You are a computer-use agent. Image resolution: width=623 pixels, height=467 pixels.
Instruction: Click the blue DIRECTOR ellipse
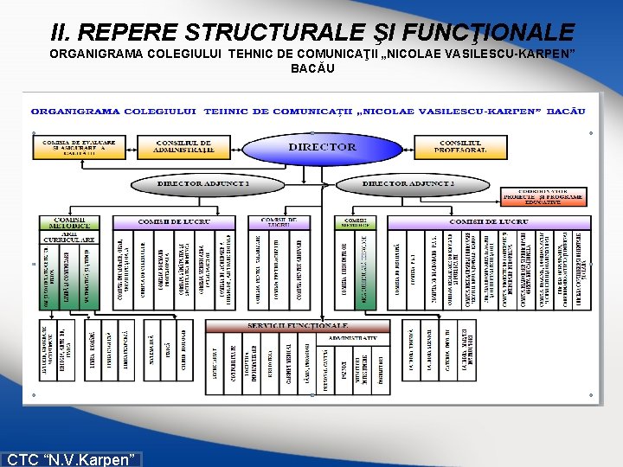tap(322, 148)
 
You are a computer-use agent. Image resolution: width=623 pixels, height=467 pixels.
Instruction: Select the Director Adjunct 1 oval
tap(203, 184)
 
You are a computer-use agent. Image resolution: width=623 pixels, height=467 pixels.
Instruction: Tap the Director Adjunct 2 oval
tap(408, 184)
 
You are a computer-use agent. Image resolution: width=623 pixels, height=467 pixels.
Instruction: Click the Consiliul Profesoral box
tap(462, 148)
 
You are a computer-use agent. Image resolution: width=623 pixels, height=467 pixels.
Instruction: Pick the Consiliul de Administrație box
tap(183, 148)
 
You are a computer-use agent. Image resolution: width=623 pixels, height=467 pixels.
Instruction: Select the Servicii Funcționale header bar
tap(297, 326)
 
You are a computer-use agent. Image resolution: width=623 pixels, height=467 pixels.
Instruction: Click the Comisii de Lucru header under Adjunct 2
tap(489, 222)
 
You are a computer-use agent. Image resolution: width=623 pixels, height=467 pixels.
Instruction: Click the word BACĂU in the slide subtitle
tap(311, 68)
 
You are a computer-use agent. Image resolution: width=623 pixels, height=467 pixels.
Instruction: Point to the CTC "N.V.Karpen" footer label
tap(72, 459)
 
